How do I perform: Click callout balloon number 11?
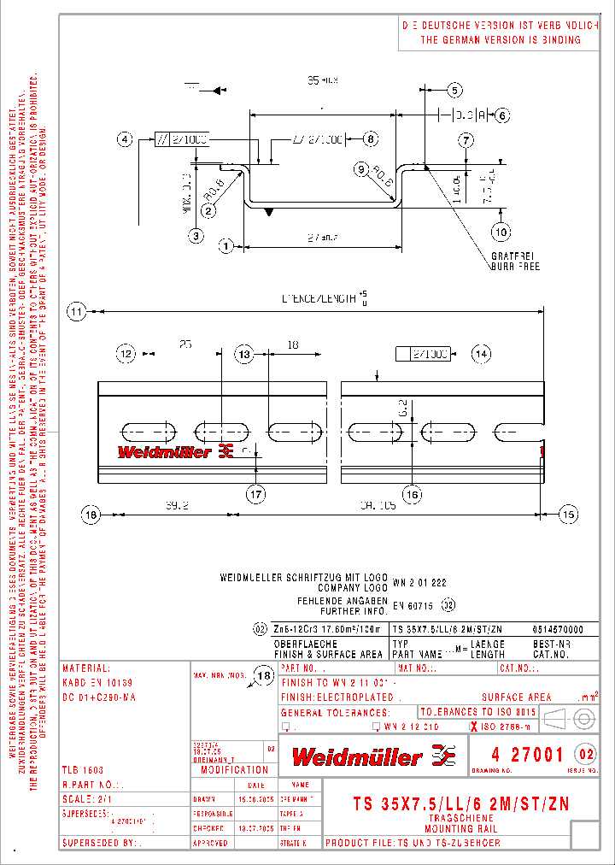(x=79, y=312)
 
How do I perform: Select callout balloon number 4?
(x=126, y=139)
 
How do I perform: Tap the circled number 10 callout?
(x=501, y=231)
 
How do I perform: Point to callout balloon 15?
(x=568, y=514)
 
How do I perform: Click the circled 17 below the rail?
(x=256, y=493)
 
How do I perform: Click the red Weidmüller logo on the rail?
(x=174, y=450)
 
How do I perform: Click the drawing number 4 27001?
(x=527, y=754)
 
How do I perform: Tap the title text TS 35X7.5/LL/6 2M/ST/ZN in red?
(x=461, y=803)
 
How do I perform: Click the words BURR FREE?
(x=515, y=266)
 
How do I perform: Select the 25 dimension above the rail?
(x=185, y=344)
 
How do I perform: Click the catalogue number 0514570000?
(x=546, y=628)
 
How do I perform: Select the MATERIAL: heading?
(x=85, y=668)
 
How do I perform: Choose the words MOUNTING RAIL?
(x=461, y=828)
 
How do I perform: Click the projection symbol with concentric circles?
(x=584, y=716)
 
